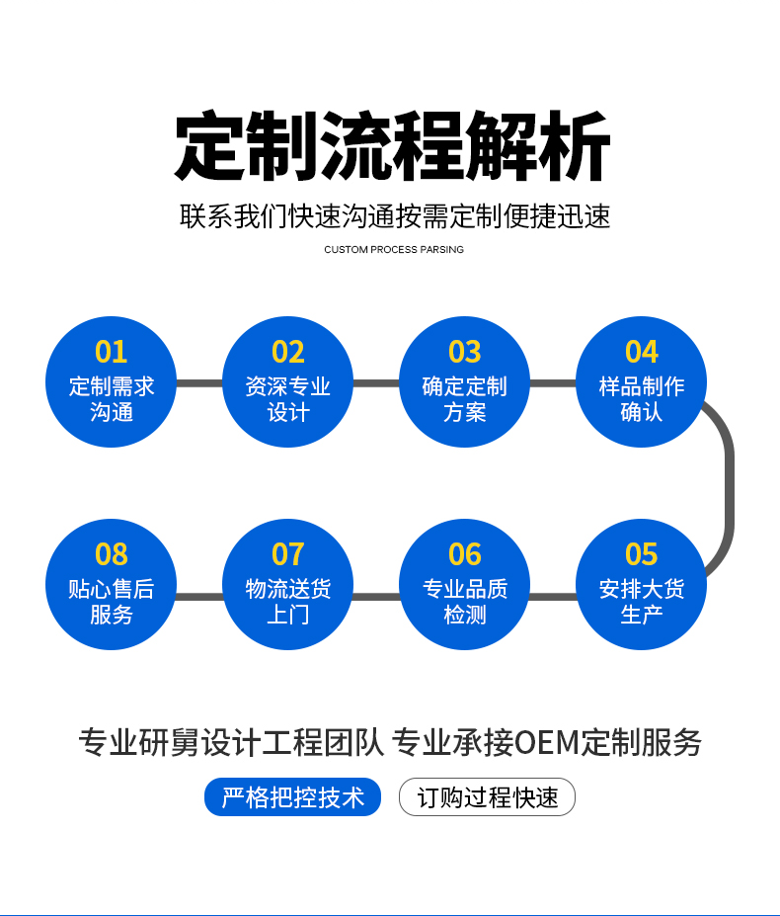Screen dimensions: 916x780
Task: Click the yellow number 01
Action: (112, 352)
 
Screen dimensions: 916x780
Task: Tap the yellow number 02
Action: (288, 352)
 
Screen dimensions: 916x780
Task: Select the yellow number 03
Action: (464, 352)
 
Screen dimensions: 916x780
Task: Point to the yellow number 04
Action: (641, 352)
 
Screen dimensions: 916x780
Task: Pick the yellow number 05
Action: (641, 554)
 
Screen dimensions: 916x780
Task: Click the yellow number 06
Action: (464, 554)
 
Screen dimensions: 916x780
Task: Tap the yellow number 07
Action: (288, 554)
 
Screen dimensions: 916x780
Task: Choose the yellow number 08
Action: (112, 554)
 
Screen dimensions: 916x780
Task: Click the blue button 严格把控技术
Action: (292, 797)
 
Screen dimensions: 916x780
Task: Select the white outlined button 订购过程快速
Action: (487, 797)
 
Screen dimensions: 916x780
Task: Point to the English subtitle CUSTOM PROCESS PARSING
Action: (393, 250)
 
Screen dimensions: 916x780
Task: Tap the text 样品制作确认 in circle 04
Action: (641, 399)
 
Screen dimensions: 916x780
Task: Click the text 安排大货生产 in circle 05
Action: (641, 602)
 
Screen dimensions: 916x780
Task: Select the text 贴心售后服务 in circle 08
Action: (112, 602)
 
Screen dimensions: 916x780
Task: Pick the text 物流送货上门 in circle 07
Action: (288, 602)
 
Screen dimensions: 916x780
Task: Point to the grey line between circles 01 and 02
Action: (199, 383)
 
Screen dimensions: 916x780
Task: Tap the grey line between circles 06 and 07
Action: (376, 596)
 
